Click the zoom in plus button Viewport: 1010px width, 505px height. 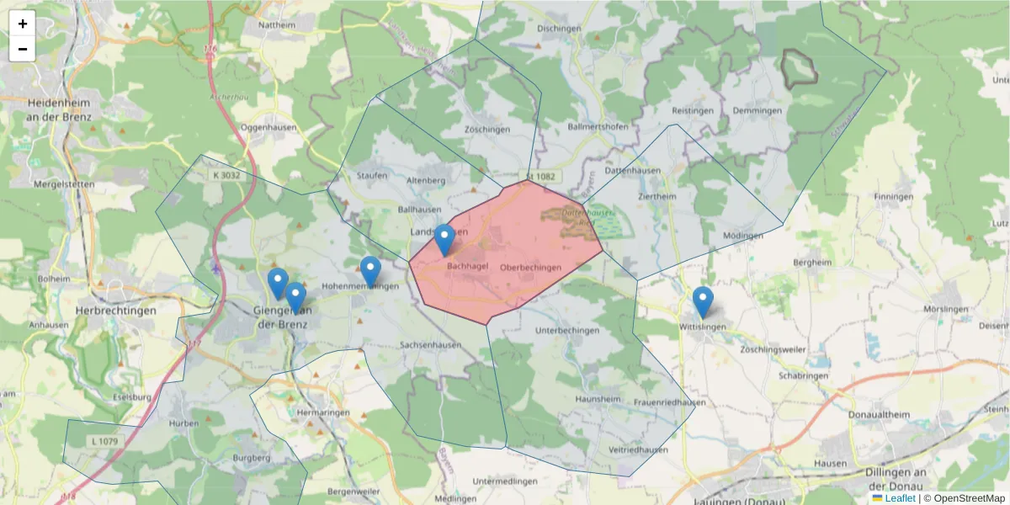23,24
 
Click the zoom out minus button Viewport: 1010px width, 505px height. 23,49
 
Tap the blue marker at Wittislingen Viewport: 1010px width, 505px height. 703,302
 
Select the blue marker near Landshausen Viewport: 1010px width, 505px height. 444,240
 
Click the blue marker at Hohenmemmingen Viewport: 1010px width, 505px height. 370,271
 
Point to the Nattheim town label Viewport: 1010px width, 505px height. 277,25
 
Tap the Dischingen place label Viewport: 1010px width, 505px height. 559,28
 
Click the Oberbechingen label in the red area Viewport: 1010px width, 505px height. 530,268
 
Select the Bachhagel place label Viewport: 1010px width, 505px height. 468,266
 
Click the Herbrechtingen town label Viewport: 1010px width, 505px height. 116,311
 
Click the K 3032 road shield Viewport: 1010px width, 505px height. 226,175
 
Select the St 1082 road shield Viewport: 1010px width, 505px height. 541,176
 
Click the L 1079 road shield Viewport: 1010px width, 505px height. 104,441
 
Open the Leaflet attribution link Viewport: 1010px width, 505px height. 899,498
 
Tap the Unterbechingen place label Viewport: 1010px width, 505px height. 567,331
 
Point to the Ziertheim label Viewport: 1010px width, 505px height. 656,196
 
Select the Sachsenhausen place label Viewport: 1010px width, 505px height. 430,345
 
